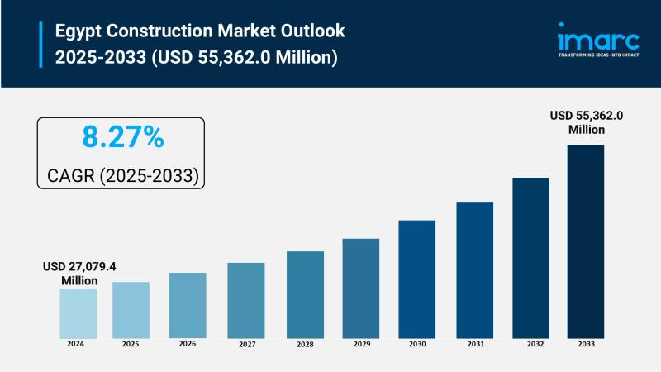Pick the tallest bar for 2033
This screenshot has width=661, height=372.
[x=585, y=241]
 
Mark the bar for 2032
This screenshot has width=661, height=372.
[x=530, y=257]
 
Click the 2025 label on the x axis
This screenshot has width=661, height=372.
[x=131, y=344]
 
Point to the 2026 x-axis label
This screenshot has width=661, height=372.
[x=188, y=344]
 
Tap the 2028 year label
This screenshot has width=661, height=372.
[x=305, y=344]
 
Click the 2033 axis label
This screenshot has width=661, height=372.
[x=585, y=344]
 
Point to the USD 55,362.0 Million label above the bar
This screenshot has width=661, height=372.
[x=586, y=122]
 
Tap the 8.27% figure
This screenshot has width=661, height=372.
[x=121, y=137]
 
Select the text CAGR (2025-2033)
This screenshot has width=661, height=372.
[x=121, y=176]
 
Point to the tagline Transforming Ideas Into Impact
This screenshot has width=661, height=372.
[x=597, y=55]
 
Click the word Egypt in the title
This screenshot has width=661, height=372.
[x=78, y=31]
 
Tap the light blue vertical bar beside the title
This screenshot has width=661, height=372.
[x=40, y=44]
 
